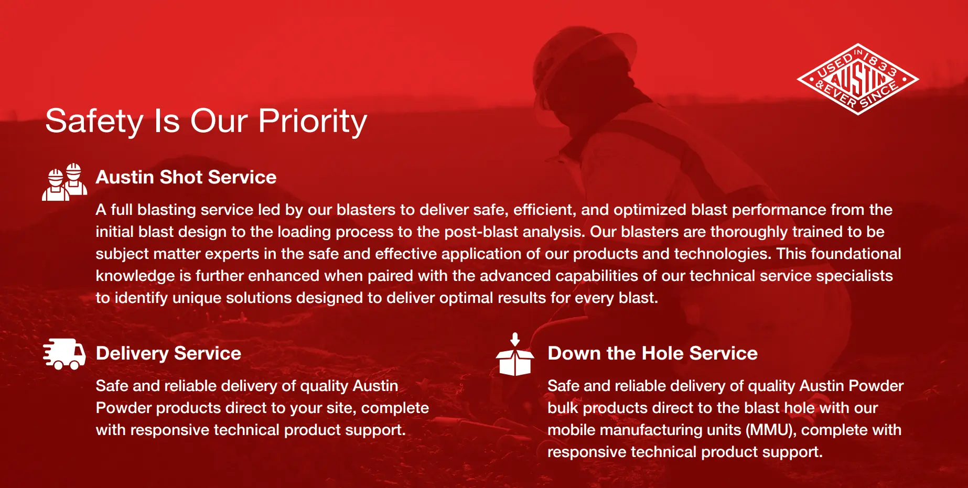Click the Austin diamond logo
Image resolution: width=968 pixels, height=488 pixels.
click(x=858, y=79)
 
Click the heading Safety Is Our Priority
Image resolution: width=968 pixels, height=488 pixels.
click(x=206, y=122)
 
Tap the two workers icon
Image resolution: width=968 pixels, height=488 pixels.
click(x=64, y=182)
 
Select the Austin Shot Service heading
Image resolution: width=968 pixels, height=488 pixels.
click(x=186, y=177)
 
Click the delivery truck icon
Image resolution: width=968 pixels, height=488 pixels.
click(x=64, y=354)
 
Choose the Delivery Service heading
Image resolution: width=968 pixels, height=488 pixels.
click(x=168, y=353)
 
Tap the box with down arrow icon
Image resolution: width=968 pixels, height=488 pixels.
click(x=515, y=355)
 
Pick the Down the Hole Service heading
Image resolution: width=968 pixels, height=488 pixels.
click(x=652, y=353)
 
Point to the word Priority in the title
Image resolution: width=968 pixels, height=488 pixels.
click(x=313, y=122)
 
